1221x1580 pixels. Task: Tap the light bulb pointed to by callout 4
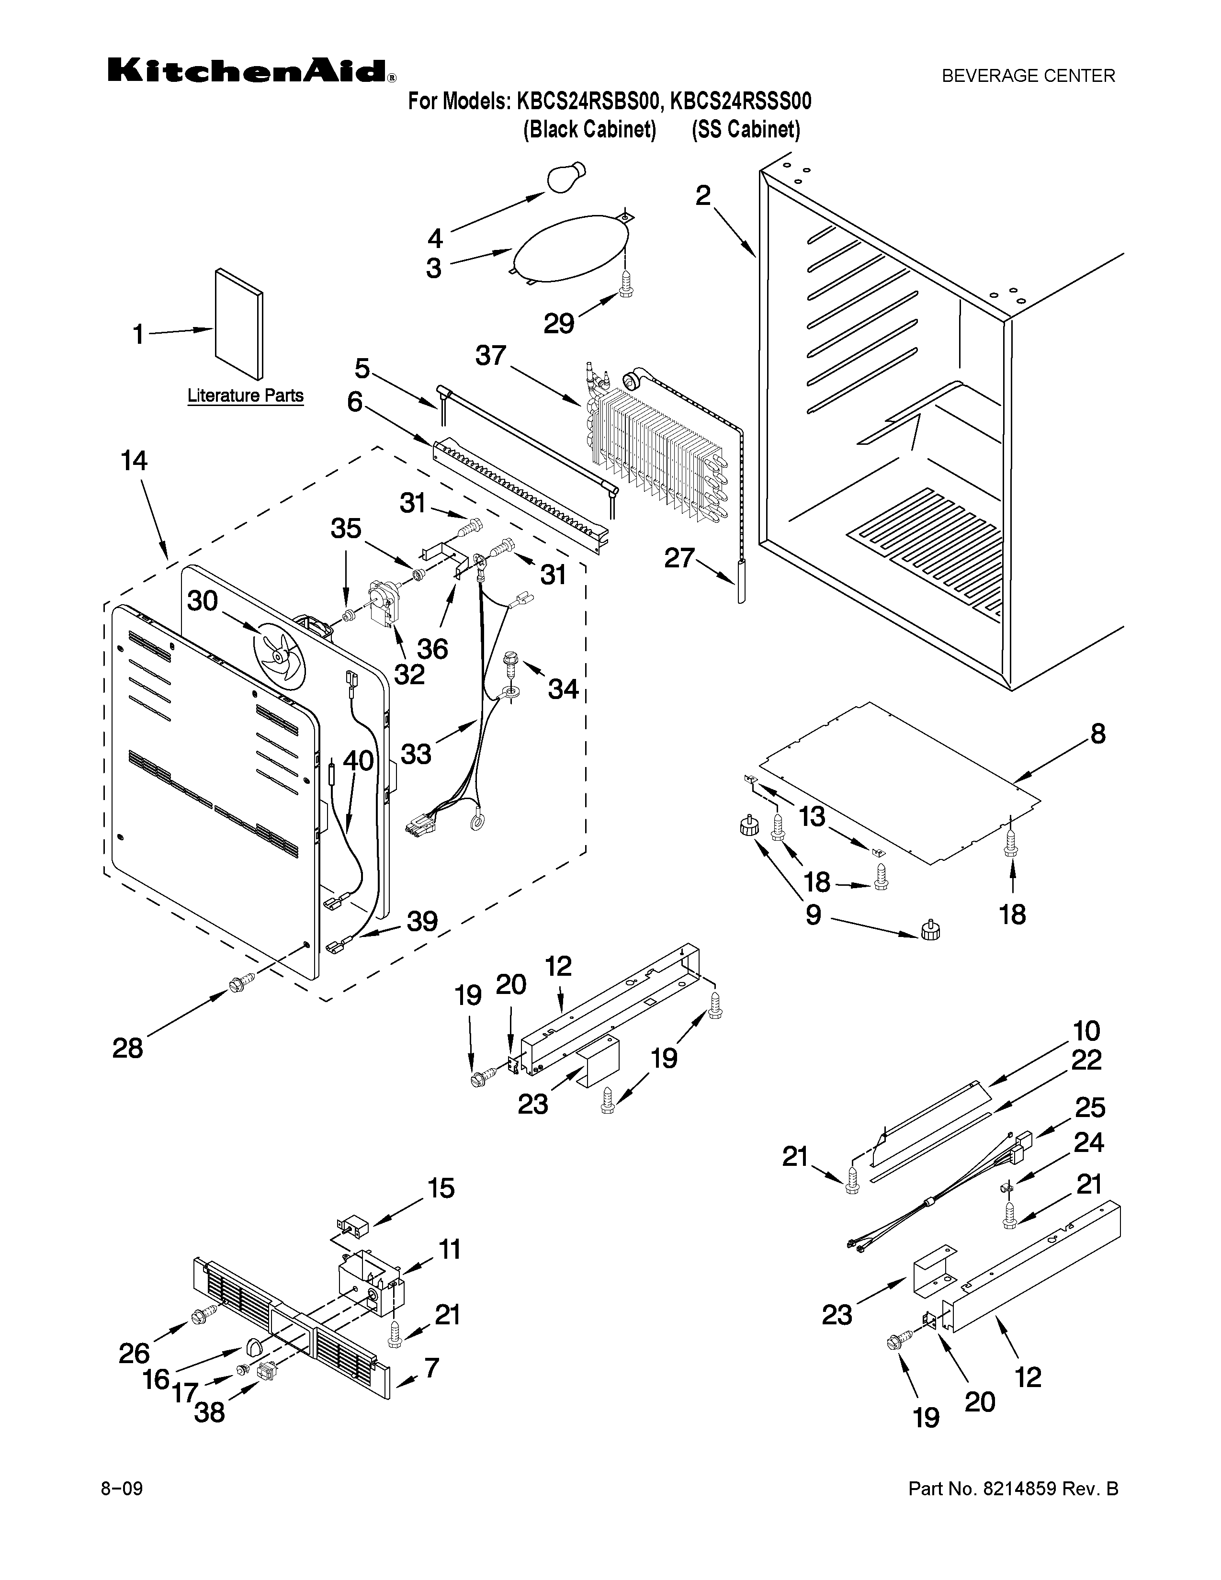[568, 177]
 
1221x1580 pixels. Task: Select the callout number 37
[491, 356]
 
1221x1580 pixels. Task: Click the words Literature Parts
[245, 396]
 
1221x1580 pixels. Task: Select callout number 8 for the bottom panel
[1098, 734]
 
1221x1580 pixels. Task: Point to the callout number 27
[679, 558]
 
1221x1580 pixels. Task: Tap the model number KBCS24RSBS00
[590, 102]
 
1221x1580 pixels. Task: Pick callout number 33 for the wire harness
[416, 754]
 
